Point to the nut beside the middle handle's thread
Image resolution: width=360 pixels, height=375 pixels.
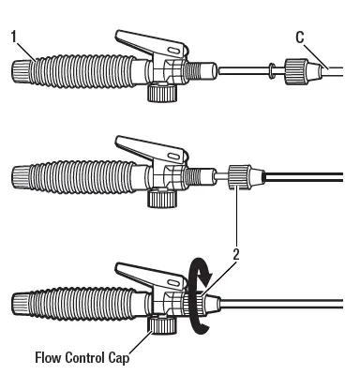pyautogui.click(x=238, y=174)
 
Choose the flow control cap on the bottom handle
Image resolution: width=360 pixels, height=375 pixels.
pyautogui.click(x=161, y=326)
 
